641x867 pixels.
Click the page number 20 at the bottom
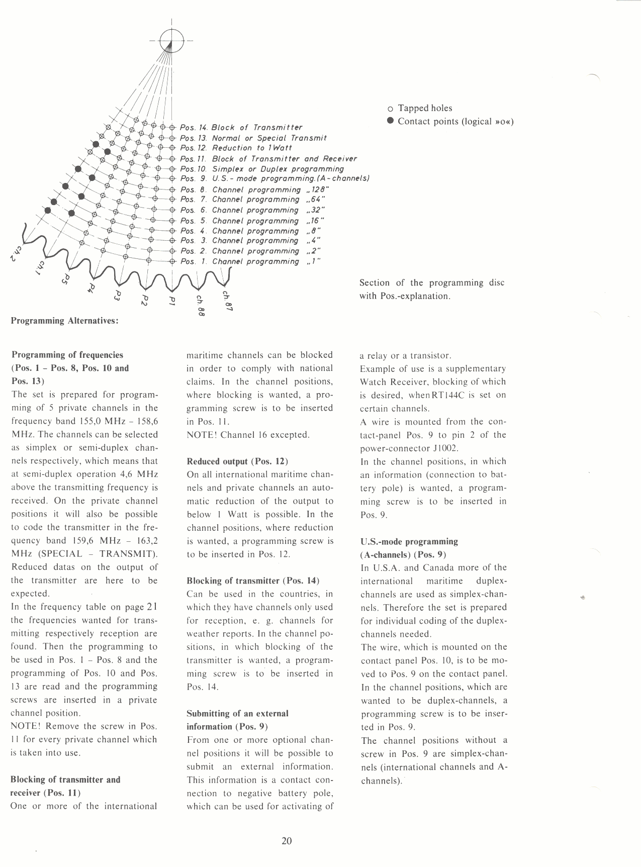(x=287, y=841)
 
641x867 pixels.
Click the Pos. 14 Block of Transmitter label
(x=241, y=128)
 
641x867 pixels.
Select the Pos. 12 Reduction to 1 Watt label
(x=236, y=148)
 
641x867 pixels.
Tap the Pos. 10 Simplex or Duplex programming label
(x=262, y=169)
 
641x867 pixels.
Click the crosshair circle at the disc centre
(x=171, y=40)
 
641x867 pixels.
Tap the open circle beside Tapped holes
(x=391, y=109)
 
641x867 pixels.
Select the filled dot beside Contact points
(x=390, y=121)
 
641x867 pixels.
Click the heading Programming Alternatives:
(x=65, y=321)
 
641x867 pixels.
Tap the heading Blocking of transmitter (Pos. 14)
(x=253, y=581)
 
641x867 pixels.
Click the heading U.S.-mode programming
(x=409, y=541)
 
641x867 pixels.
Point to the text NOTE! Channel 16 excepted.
(x=248, y=435)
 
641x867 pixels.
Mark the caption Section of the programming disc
(x=431, y=283)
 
